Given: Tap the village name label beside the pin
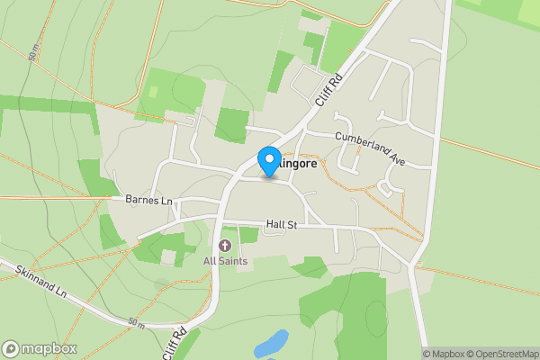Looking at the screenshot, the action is [298, 165].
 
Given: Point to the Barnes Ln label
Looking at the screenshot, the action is [148, 199].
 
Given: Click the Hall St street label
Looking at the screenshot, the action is [282, 224].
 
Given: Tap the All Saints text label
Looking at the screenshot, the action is [225, 261].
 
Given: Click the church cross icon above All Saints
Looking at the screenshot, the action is [225, 246].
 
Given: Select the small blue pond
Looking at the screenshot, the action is [271, 344].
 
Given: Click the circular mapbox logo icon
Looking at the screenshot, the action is [11, 349].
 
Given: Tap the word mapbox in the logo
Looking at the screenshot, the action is [49, 349].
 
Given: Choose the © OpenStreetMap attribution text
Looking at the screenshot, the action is [499, 354].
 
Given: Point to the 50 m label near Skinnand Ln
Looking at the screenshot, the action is [136, 322].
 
